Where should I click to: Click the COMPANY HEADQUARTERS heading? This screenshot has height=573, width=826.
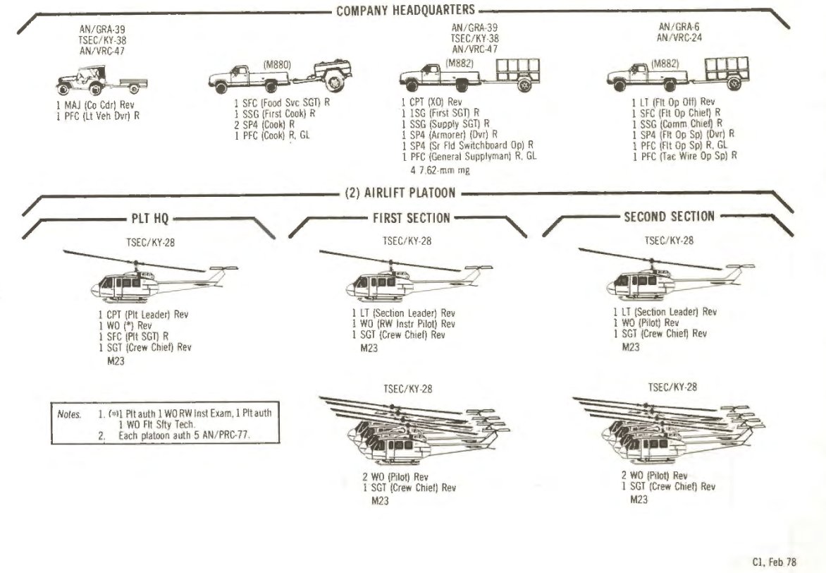pos(405,11)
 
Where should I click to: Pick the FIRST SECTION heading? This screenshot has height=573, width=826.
pos(411,218)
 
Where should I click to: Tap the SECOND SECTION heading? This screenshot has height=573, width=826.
pos(669,217)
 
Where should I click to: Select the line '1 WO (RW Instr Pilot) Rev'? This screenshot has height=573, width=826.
pos(403,324)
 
